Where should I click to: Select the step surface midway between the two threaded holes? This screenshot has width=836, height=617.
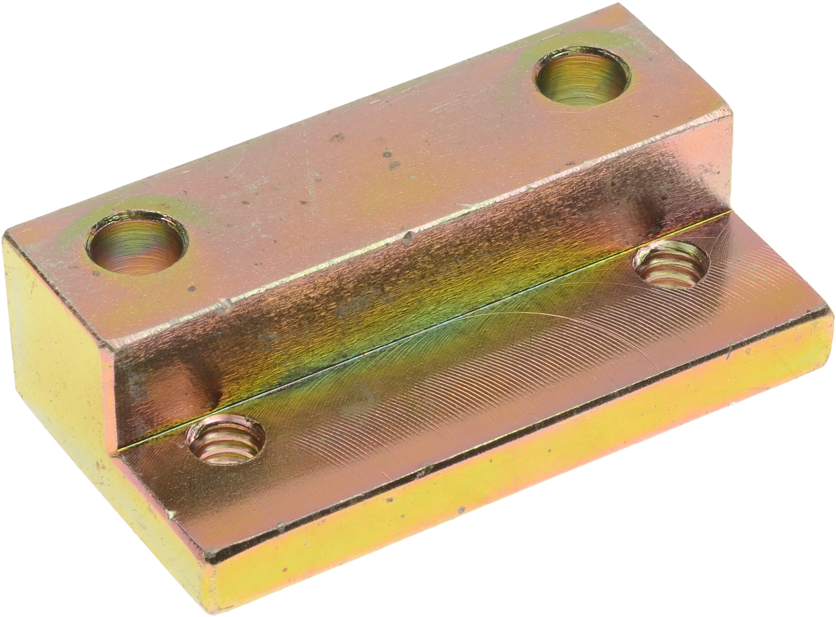448,355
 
